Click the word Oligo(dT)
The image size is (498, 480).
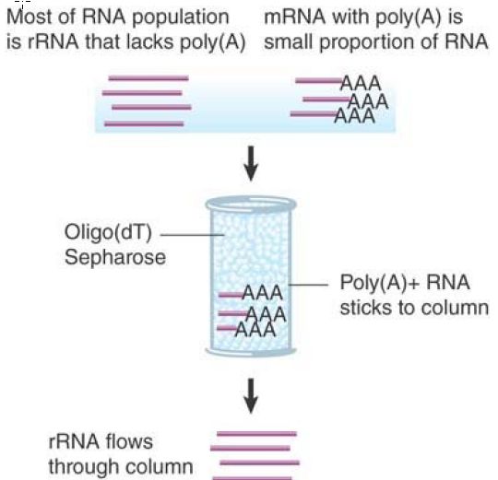[108, 233]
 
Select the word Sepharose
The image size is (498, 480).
[115, 257]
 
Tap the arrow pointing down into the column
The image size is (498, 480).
[251, 163]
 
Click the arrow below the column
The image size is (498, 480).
[251, 395]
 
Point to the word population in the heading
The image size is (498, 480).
[181, 18]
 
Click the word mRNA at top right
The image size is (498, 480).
[294, 17]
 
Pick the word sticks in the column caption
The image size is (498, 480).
[364, 307]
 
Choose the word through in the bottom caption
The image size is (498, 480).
[82, 467]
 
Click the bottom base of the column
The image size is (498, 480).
[251, 351]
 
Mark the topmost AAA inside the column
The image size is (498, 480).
[262, 292]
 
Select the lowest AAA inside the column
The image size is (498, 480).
[255, 329]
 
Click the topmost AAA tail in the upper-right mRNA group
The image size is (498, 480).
[361, 83]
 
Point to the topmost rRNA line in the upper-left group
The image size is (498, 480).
[148, 78]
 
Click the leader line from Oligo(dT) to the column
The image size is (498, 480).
[192, 235]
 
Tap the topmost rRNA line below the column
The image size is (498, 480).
[256, 434]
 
